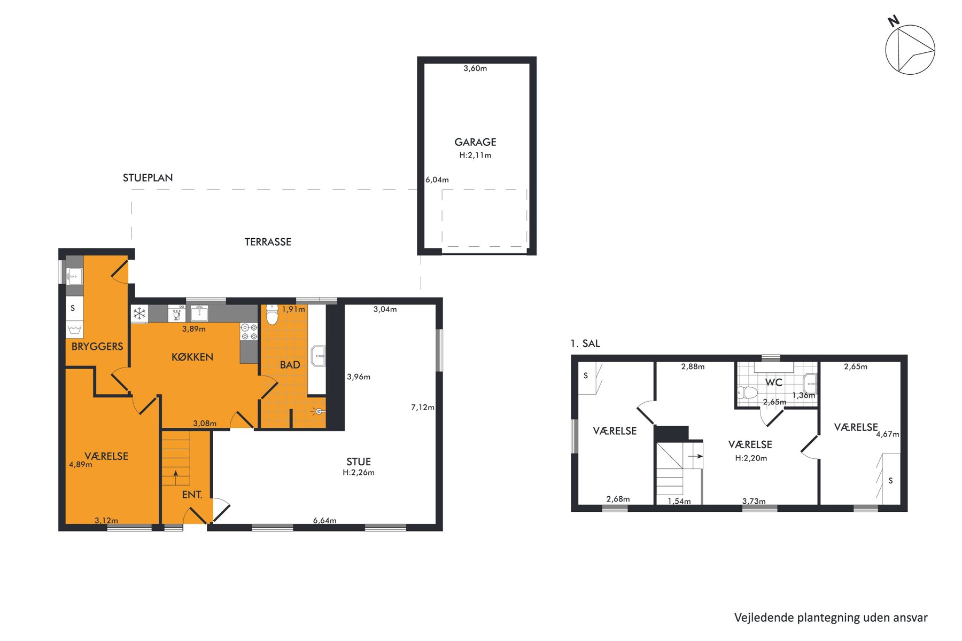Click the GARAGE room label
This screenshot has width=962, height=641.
coord(475,142)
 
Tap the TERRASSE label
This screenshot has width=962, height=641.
coord(268,242)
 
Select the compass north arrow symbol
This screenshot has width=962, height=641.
coord(910,50)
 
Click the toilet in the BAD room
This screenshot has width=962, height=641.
coord(272,315)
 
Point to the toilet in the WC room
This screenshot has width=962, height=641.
coord(748,393)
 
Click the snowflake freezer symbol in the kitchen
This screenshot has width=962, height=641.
coord(139,313)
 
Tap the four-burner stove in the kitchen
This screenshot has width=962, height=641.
coord(249,331)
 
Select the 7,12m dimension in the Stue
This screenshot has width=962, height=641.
coord(422,408)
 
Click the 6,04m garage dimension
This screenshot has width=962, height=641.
coord(437,180)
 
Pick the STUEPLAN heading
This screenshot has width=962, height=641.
coord(148,178)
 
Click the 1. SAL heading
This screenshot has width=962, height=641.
coord(585,344)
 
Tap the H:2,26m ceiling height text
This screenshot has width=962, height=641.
coord(359,473)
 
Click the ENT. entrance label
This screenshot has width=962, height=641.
coord(192,495)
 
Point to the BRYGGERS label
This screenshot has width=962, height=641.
coord(97,347)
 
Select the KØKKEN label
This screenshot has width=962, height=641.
coord(192,357)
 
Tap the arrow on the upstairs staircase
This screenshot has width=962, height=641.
coord(695,457)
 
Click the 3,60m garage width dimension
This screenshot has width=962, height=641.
coord(475,68)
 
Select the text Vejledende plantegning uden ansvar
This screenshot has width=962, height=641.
coord(831,618)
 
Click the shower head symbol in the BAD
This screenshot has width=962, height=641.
coord(319,411)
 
